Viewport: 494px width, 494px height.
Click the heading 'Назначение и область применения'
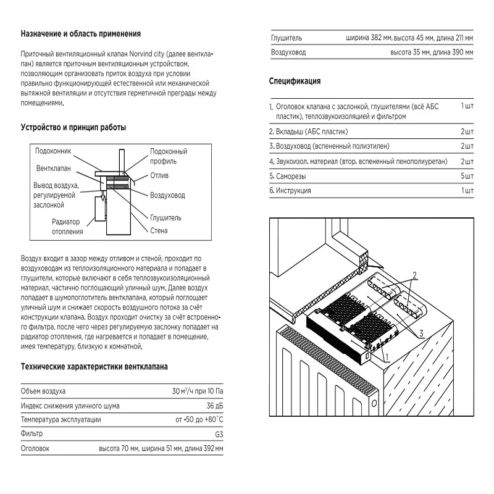point(80,33)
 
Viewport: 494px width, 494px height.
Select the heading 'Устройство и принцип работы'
point(73,127)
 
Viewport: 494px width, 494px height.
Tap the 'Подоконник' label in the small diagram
point(53,151)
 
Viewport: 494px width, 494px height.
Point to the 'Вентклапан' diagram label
point(54,168)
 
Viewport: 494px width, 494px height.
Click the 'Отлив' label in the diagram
point(159,175)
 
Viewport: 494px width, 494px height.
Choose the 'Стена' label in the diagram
point(159,231)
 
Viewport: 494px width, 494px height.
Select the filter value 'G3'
point(219,434)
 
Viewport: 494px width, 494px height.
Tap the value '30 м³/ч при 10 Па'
point(198,391)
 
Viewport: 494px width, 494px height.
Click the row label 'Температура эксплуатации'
point(62,420)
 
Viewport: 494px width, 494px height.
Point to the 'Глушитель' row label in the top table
point(287,38)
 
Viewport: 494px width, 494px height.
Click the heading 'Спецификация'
point(295,81)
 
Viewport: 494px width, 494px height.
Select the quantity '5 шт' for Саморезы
point(467,176)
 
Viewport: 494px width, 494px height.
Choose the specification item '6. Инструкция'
point(290,190)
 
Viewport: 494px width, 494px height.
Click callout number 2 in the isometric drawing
point(416,274)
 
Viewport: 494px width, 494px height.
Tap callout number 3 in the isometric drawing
point(420,333)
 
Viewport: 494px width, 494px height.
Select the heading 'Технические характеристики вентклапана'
point(94,366)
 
